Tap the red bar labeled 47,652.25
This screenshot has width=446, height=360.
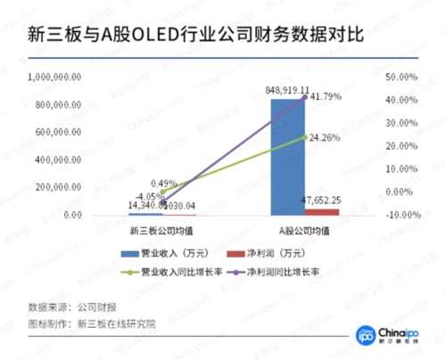pyautogui.click(x=321, y=212)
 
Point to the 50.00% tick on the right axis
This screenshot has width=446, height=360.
pyautogui.click(x=401, y=78)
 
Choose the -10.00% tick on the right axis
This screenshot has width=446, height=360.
pyautogui.click(x=400, y=215)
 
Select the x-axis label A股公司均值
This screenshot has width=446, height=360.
pyautogui.click(x=305, y=231)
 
